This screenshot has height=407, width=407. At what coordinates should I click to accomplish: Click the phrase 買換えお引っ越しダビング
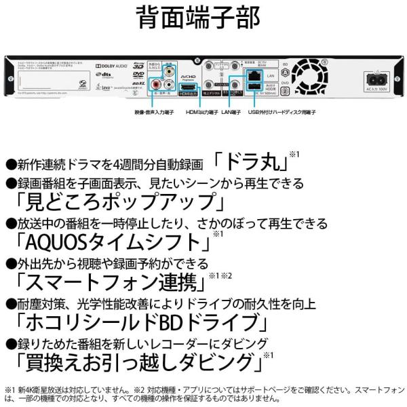(x=133, y=359)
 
